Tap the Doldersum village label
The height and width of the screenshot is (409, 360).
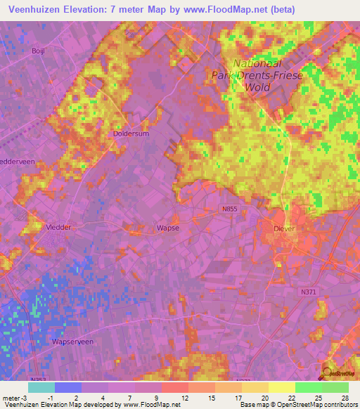131,133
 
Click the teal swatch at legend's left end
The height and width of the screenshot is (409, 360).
41,387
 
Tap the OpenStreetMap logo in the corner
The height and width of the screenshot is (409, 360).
337,375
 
